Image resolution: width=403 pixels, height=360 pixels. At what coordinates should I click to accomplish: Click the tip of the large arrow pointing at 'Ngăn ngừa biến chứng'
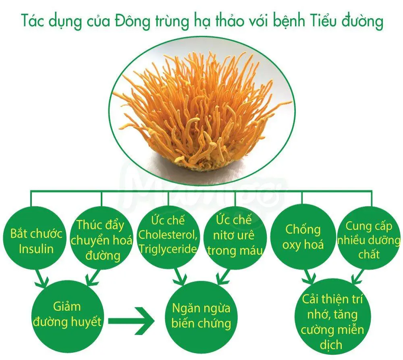point(155,321)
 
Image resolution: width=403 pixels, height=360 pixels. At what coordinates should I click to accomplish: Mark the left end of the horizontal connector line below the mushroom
point(31,191)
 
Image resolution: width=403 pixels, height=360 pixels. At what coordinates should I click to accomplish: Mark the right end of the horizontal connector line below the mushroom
point(372,191)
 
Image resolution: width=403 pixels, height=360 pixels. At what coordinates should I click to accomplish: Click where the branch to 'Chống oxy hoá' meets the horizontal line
point(302,191)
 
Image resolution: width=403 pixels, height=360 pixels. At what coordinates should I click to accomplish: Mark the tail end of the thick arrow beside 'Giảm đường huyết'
point(108,321)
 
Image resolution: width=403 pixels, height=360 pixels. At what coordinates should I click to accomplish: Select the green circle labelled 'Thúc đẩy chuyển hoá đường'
point(102,238)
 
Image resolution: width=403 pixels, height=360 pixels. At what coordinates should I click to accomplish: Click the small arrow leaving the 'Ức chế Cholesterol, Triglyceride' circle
point(180,277)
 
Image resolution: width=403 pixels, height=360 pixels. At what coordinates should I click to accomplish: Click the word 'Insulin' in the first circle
point(36,249)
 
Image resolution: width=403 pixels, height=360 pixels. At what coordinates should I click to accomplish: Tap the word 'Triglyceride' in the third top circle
point(168,249)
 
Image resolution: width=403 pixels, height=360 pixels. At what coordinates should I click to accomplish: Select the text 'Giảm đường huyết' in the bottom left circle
point(67,314)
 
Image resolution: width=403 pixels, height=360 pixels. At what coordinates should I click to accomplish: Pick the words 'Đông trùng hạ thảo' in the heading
point(179,21)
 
